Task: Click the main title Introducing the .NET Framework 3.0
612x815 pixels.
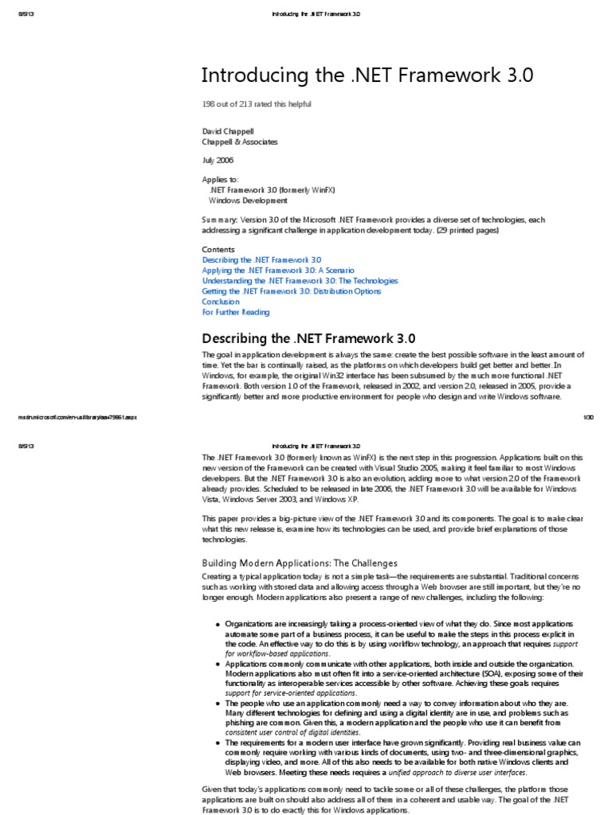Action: click(x=367, y=76)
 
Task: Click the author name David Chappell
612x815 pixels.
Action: click(x=228, y=131)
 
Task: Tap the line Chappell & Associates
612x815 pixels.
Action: click(x=240, y=142)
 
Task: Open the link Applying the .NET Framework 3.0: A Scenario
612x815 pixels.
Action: click(x=278, y=271)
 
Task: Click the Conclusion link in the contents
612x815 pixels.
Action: click(x=221, y=302)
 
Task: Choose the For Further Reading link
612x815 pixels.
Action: click(x=236, y=312)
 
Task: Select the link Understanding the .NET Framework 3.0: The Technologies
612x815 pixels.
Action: click(x=300, y=281)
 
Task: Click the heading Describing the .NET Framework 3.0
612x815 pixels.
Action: click(x=308, y=337)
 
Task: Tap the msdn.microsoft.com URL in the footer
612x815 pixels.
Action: click(x=77, y=416)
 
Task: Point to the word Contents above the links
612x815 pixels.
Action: click(x=218, y=249)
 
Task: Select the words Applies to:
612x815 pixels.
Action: click(x=220, y=180)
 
